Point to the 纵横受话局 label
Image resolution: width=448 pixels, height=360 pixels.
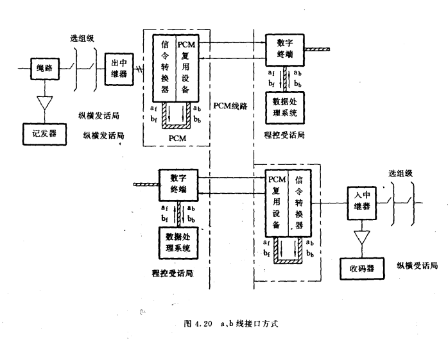(x=417, y=264)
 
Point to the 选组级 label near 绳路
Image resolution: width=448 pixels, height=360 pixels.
(x=82, y=38)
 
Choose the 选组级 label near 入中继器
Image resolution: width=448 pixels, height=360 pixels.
(x=402, y=173)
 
